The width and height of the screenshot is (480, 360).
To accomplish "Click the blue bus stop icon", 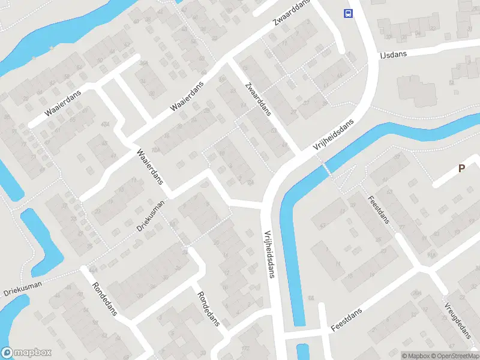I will (x=347, y=14).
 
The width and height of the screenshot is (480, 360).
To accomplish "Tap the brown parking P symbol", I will (x=461, y=169).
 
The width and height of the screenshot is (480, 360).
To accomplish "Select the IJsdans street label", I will (x=393, y=55).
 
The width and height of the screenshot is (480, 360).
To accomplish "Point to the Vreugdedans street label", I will (x=457, y=319).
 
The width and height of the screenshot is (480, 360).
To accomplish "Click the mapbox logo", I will (x=26, y=353).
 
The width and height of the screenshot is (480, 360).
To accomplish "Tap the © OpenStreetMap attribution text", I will (x=454, y=355).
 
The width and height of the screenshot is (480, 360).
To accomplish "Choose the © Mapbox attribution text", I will (x=415, y=355).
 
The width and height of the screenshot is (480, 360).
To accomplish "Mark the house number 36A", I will (x=144, y=63).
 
